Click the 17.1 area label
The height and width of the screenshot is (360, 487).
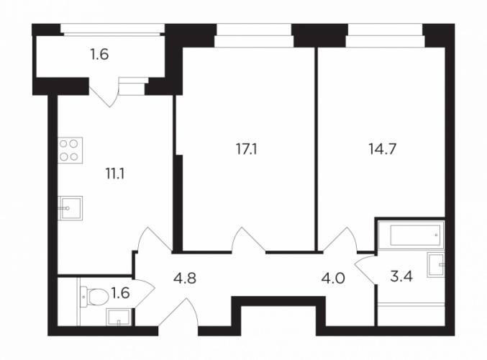247,150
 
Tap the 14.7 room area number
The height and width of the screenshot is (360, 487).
382,149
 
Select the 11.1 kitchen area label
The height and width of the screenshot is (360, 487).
115,174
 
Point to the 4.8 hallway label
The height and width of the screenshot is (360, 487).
185,278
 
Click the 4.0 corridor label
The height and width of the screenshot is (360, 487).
333,278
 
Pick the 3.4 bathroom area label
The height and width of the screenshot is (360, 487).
401,276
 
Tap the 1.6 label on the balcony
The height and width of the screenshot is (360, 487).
99,55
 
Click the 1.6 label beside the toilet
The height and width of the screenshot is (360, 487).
120,293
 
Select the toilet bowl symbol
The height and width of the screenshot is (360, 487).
94,297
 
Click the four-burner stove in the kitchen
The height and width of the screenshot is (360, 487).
70,150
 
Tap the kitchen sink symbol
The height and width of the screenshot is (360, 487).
70,208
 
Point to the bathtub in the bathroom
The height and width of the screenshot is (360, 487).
411,235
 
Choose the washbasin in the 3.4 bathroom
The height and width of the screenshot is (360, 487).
436,265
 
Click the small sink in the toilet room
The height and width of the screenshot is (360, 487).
119,318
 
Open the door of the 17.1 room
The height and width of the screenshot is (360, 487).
249,239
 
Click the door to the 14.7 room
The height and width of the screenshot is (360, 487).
340,239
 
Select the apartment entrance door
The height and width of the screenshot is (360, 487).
178,312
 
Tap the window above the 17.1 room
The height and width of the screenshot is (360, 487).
254,36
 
